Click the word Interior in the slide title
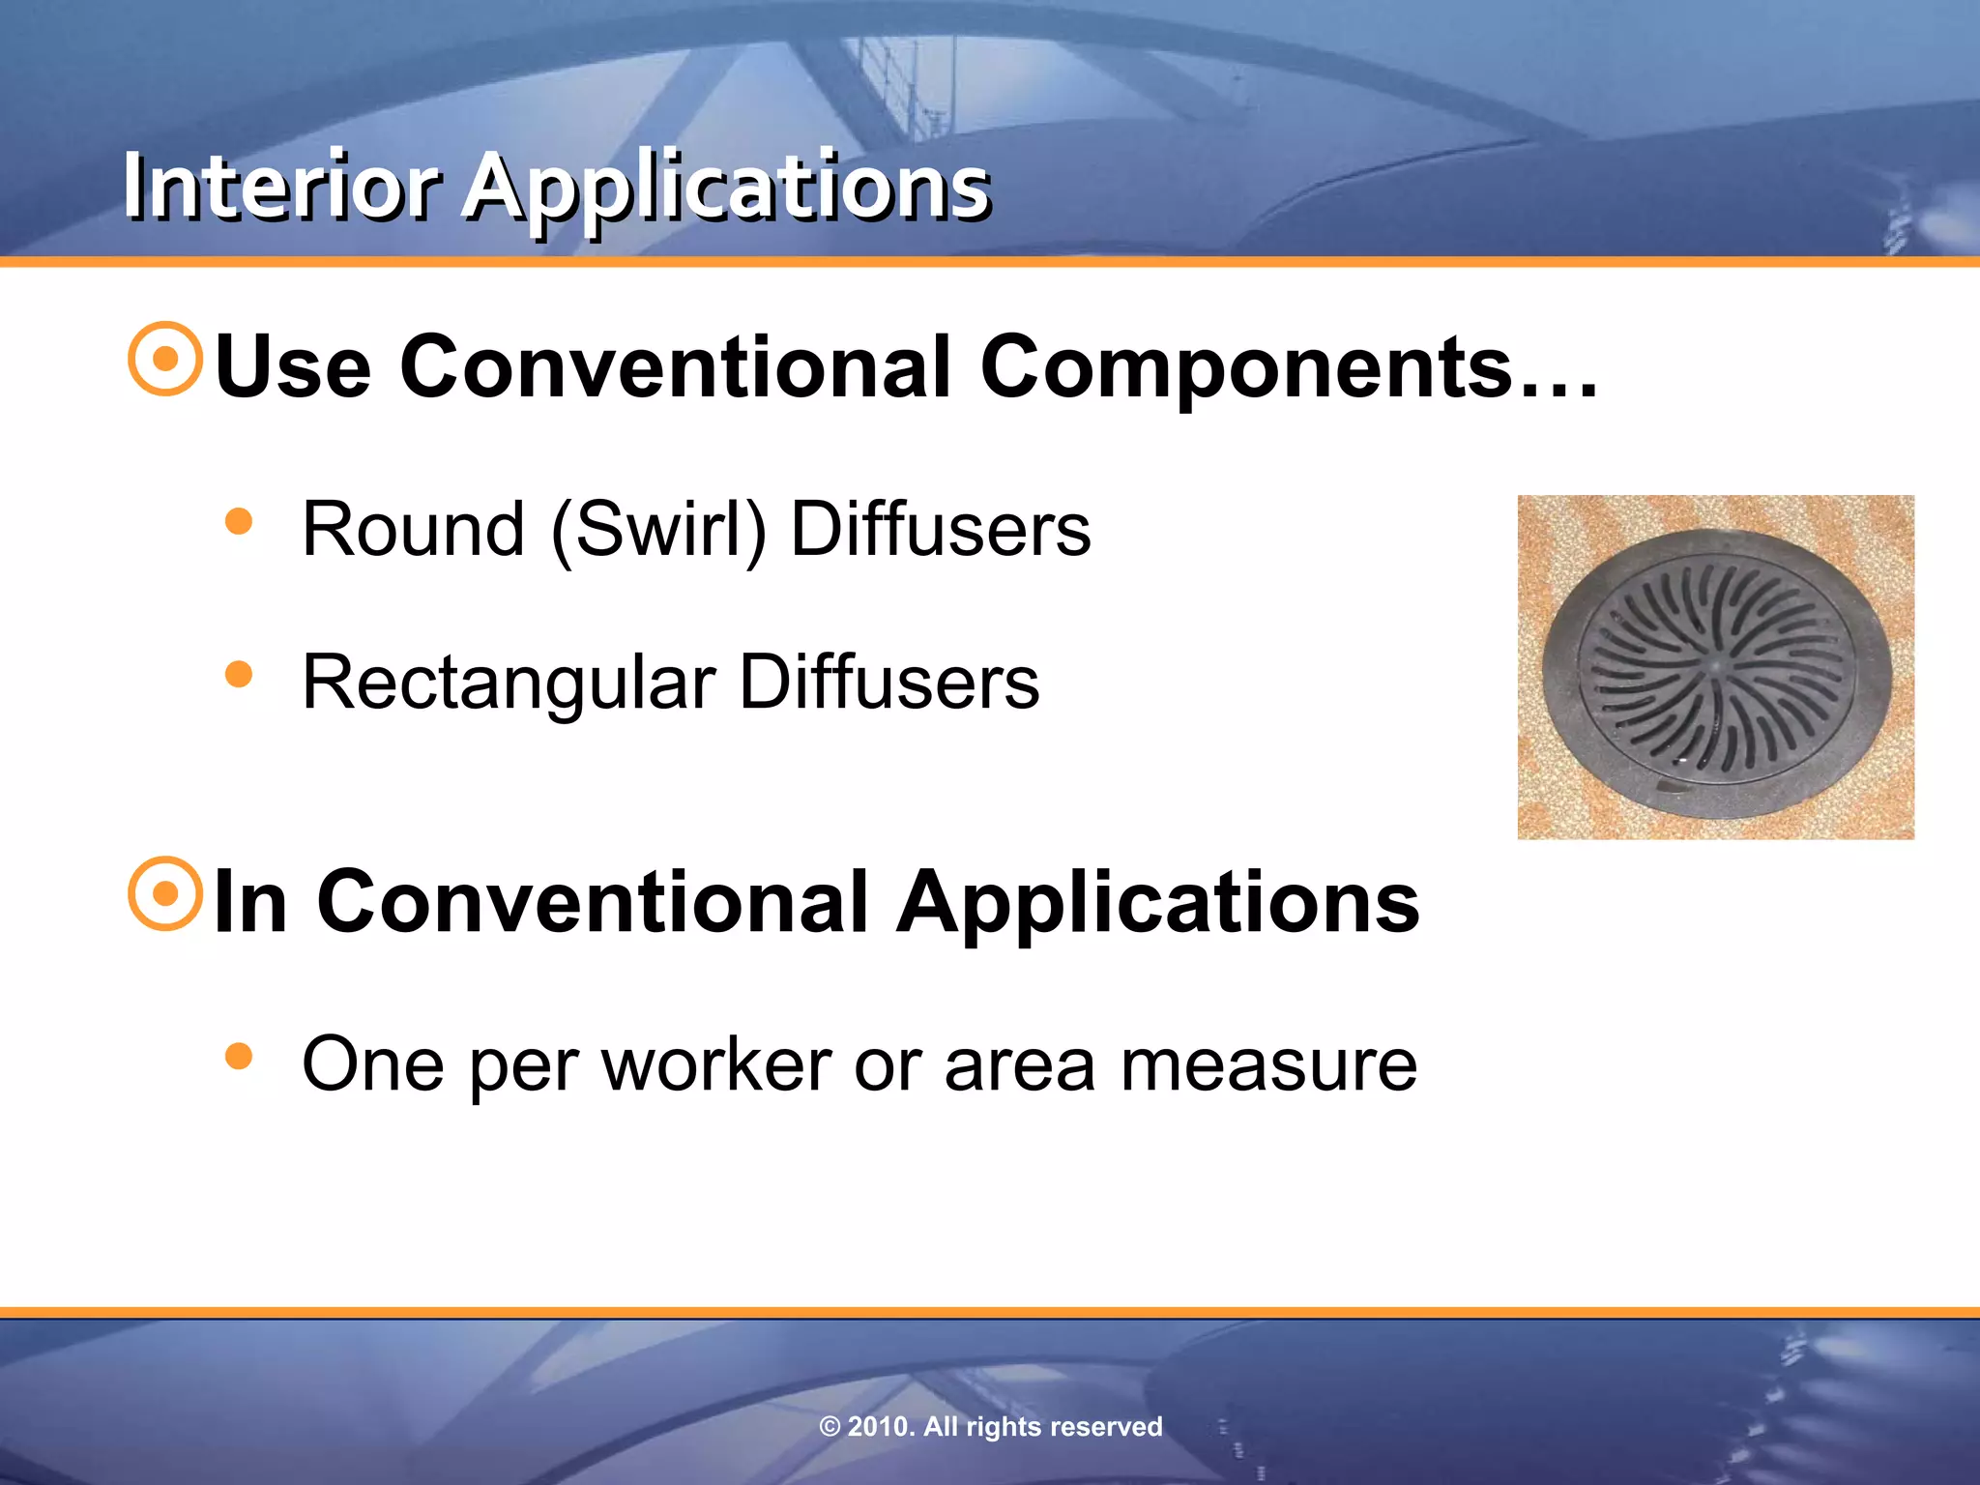(x=281, y=186)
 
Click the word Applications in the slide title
(x=727, y=188)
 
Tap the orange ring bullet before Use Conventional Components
(x=165, y=359)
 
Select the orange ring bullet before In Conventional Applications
(x=165, y=893)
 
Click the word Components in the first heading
(x=1247, y=367)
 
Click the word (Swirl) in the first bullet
(x=658, y=530)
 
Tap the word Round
(x=413, y=530)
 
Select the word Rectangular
(x=509, y=683)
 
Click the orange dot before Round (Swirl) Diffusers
(x=238, y=522)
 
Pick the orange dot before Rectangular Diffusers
(x=238, y=674)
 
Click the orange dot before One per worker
(x=238, y=1056)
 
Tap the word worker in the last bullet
(x=716, y=1064)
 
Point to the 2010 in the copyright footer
(x=881, y=1427)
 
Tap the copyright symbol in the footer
(x=830, y=1427)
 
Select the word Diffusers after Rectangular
(x=889, y=683)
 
